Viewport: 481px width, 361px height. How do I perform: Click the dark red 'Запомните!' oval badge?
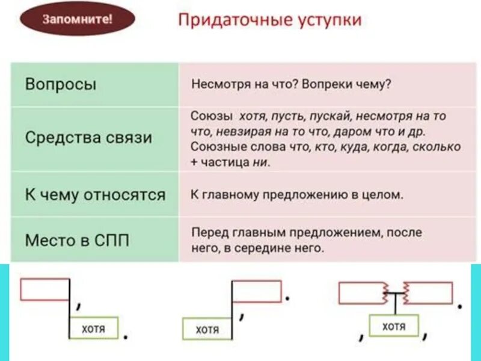pyautogui.click(x=77, y=19)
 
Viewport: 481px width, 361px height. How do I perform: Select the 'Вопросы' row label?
pyautogui.click(x=61, y=84)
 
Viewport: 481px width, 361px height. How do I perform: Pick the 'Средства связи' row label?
pyautogui.click(x=88, y=137)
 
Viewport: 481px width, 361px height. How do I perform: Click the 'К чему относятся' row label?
pyautogui.click(x=95, y=194)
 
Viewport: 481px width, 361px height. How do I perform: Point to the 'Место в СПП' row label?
pyautogui.click(x=77, y=240)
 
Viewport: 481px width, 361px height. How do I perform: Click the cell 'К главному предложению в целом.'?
pyautogui.click(x=296, y=195)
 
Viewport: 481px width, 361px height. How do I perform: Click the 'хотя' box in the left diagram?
pyautogui.click(x=94, y=329)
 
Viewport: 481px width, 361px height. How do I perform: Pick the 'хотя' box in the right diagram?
pyautogui.click(x=394, y=326)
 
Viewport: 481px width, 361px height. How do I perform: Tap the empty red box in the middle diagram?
pyautogui.click(x=257, y=291)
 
